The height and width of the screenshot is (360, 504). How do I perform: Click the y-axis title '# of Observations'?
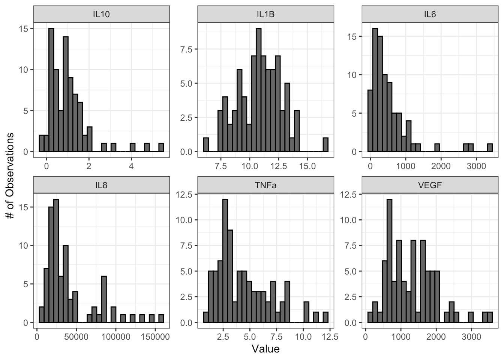coord(10,176)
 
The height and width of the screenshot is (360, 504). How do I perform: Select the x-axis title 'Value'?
coord(265,349)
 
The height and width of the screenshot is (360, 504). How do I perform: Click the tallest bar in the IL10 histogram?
coord(51,90)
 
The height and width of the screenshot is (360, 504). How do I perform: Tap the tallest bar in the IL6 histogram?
coord(375,90)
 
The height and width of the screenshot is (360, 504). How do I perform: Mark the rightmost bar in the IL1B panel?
coord(325,145)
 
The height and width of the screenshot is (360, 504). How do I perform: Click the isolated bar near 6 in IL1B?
coord(205,145)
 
